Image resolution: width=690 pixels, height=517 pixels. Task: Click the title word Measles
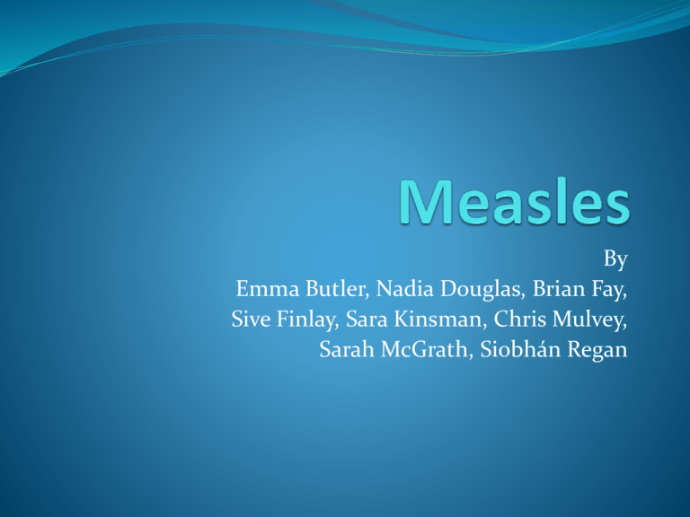click(x=515, y=202)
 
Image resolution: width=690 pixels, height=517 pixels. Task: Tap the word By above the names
click(x=615, y=259)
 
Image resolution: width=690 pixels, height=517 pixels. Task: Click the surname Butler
click(x=337, y=289)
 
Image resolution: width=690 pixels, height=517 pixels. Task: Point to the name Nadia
click(x=405, y=289)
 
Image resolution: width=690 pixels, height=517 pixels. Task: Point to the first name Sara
click(x=367, y=320)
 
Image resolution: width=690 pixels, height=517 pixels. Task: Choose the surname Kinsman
click(x=440, y=320)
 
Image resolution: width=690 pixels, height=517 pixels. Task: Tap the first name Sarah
click(x=347, y=349)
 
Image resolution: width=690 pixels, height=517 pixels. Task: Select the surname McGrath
click(x=427, y=349)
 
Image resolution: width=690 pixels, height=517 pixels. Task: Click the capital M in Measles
click(x=426, y=202)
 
